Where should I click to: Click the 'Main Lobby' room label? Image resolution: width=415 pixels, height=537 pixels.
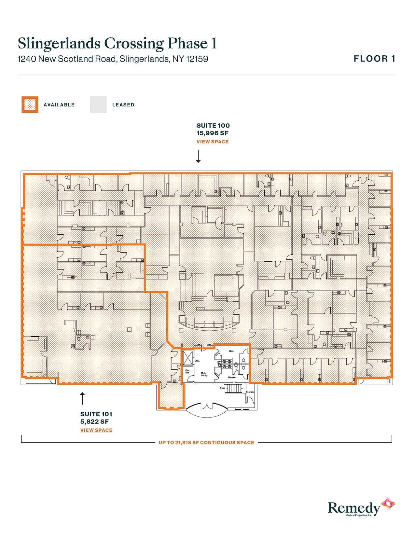[204, 374]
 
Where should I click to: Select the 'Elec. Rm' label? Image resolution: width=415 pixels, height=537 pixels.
[188, 371]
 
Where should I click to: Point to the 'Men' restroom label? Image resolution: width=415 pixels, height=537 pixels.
[231, 351]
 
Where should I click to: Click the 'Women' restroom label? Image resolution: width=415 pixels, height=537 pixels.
[232, 377]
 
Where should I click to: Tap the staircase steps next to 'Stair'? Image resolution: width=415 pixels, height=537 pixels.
[233, 389]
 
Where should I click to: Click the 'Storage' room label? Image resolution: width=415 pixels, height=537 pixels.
[250, 392]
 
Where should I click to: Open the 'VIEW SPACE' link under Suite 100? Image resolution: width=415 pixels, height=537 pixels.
[213, 142]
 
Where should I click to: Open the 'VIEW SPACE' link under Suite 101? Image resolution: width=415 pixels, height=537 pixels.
[96, 430]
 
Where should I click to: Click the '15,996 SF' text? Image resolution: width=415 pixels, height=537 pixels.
[213, 133]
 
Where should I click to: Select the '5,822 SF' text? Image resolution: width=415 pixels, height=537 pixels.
[94, 422]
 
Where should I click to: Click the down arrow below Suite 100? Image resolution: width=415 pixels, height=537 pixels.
[198, 157]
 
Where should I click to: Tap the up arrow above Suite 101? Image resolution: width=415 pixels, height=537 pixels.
[82, 398]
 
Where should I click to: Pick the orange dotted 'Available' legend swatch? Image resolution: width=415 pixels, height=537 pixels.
[30, 105]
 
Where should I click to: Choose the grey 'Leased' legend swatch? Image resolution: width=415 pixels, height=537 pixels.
[98, 105]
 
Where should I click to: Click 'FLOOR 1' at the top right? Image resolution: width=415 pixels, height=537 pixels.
[374, 59]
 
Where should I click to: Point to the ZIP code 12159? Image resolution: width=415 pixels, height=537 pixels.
[197, 59]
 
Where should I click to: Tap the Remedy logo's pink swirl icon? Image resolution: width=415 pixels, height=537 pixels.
[388, 504]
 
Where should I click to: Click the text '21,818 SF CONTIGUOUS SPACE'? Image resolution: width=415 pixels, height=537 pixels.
[214, 443]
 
